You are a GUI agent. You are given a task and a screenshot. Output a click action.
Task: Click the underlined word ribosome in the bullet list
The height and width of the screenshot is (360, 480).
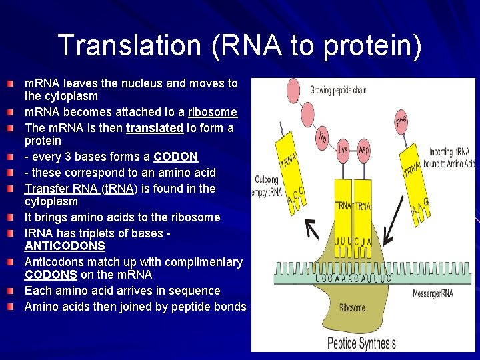(x=213, y=112)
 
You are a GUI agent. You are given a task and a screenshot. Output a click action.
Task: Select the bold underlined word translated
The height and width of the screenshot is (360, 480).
(x=155, y=127)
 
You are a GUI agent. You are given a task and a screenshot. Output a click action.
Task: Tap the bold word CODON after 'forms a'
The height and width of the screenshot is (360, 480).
(x=175, y=157)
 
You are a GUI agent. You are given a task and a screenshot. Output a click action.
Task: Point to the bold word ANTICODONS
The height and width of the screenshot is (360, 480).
(x=65, y=246)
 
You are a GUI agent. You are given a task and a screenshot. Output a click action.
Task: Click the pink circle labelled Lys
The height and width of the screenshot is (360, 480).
(x=343, y=148)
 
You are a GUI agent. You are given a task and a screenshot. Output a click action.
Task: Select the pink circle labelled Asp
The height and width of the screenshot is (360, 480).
(x=363, y=148)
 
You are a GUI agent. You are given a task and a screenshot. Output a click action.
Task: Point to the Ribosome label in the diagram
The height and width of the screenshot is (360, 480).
(x=352, y=307)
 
